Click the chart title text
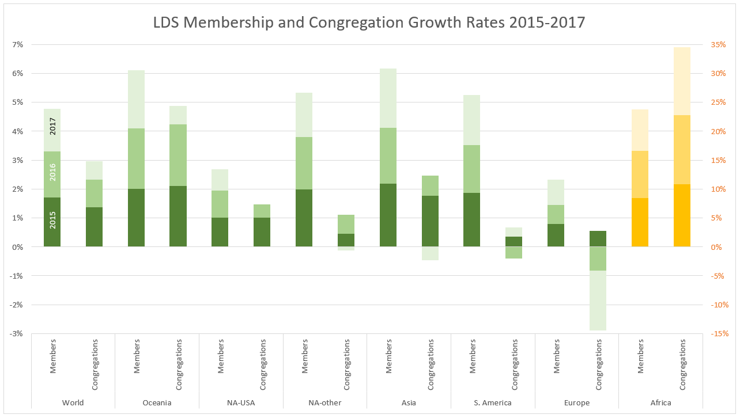369,22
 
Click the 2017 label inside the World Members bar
52,126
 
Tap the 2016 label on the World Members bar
52,172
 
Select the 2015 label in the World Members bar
52,220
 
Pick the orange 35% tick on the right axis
718,44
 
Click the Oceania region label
157,402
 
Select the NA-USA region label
241,402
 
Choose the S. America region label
493,402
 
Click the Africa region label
660,402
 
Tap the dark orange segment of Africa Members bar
640,222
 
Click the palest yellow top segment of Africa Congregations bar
682,81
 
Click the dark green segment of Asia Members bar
388,215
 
